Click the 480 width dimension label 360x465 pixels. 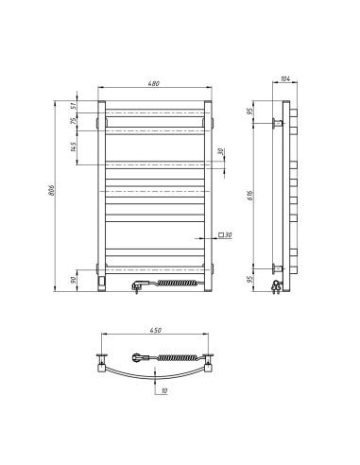click(x=154, y=84)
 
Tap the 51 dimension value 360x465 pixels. click(x=86, y=106)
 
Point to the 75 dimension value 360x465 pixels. click(x=86, y=121)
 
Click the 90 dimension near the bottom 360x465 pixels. click(x=86, y=281)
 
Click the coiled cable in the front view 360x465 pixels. click(x=177, y=282)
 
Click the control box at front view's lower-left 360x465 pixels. click(x=101, y=280)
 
